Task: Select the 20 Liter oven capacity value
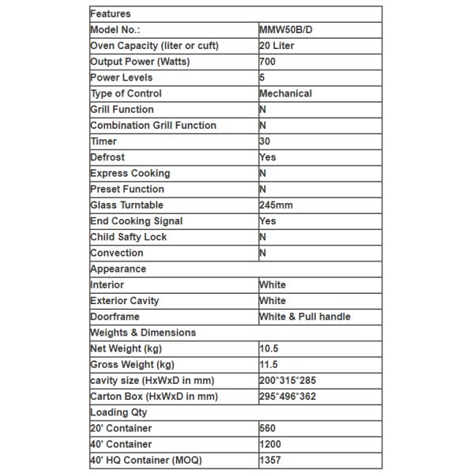276,46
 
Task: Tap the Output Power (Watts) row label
140,62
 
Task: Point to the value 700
267,62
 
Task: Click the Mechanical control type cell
285,93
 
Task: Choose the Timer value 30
265,141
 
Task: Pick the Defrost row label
107,157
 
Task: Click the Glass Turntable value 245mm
276,205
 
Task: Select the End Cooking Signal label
136,221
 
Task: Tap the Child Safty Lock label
128,237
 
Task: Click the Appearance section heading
118,269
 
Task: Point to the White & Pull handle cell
305,317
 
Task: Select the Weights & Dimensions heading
143,333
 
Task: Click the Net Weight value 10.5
269,348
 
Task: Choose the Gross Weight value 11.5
269,364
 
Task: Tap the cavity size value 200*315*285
288,381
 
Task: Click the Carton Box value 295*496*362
288,397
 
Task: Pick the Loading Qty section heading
118,412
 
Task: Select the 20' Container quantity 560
267,428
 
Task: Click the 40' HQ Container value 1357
269,460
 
